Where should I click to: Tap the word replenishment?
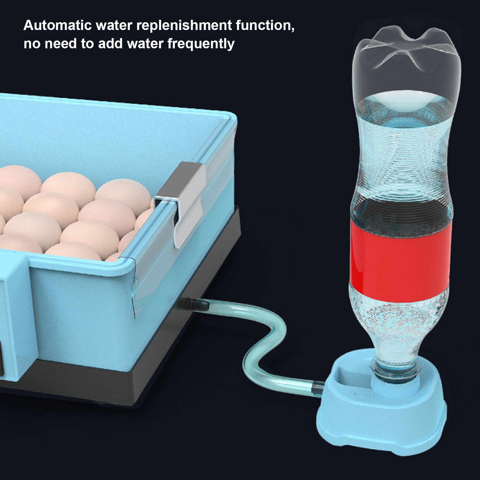pyautogui.click(x=184, y=25)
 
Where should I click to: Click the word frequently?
pyautogui.click(x=201, y=44)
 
